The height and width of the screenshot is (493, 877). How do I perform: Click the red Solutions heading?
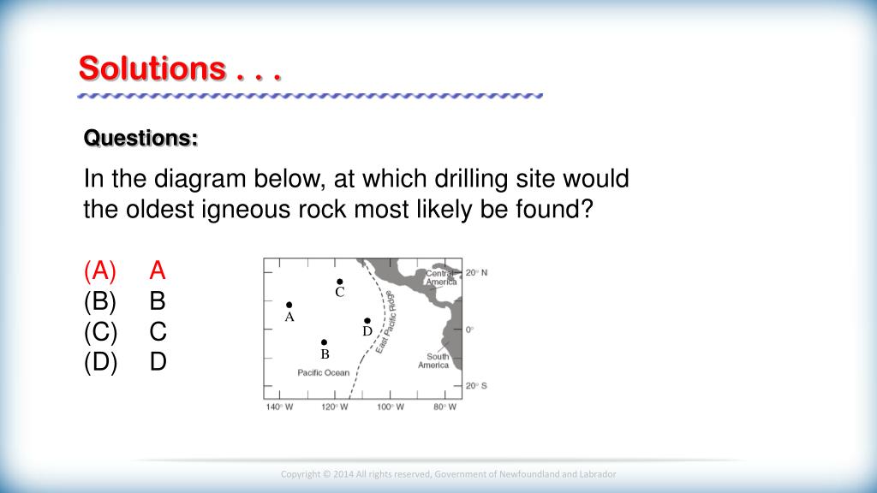(180, 68)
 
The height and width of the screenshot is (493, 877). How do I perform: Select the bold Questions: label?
(141, 138)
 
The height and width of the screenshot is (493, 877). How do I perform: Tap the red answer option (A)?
(100, 270)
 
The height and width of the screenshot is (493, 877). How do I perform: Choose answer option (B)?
(100, 300)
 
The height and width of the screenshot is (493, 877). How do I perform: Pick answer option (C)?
(101, 331)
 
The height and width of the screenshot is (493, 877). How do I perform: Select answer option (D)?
(101, 362)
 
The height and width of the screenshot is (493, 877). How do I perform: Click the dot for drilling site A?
(289, 305)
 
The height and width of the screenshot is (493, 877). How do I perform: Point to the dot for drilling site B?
(324, 342)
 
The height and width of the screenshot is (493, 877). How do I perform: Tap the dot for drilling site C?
(339, 282)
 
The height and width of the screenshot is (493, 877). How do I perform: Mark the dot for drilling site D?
(367, 321)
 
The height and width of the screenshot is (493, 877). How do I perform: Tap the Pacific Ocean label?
(323, 373)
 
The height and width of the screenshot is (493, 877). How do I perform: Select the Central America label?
(441, 278)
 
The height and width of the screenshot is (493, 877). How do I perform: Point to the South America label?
(433, 360)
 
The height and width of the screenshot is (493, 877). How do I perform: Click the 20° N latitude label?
(476, 273)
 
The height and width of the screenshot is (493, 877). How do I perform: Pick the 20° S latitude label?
(476, 386)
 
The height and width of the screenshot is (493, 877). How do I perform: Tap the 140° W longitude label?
(279, 407)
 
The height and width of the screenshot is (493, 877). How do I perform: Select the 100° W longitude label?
(390, 407)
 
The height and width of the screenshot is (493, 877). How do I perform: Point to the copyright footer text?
(448, 474)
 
